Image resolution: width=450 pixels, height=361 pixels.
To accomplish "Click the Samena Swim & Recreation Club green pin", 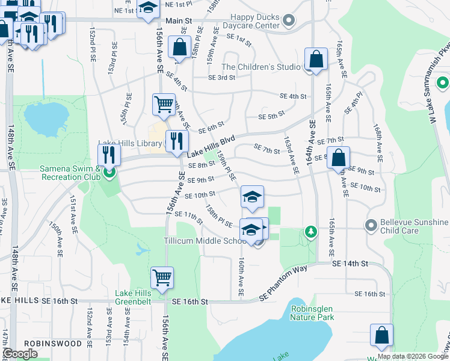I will coord(109,173).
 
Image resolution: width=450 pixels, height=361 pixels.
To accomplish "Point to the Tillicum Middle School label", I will coord(205,241).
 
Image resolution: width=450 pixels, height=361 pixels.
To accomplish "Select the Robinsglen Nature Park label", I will coord(312,312).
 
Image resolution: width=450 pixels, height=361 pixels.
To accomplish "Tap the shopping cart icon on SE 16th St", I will coord(162,278).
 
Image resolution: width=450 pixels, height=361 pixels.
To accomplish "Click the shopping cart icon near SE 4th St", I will coord(164,105).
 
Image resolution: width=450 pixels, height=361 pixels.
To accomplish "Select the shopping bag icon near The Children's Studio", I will coord(316,60).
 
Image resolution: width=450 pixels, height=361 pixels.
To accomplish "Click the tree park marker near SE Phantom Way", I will coord(310,232).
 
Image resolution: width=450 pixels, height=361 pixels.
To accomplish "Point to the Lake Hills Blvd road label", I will coord(214,144).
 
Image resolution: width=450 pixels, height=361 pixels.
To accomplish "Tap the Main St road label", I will coord(179,21).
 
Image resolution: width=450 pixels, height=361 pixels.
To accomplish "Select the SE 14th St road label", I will coord(349,264).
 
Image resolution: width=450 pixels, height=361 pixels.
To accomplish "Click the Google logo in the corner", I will coord(20,354).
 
